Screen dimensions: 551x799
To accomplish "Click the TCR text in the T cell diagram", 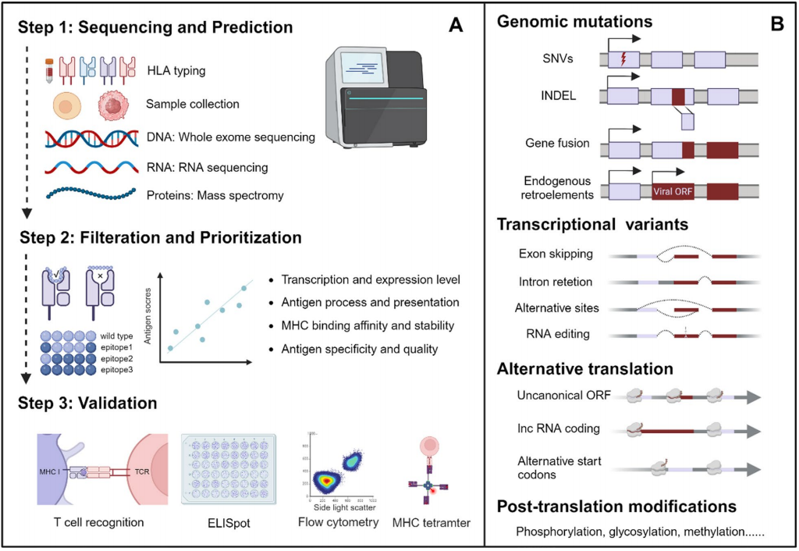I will tap(143, 473).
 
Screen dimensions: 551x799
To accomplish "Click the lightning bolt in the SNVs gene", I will tap(623, 59).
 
